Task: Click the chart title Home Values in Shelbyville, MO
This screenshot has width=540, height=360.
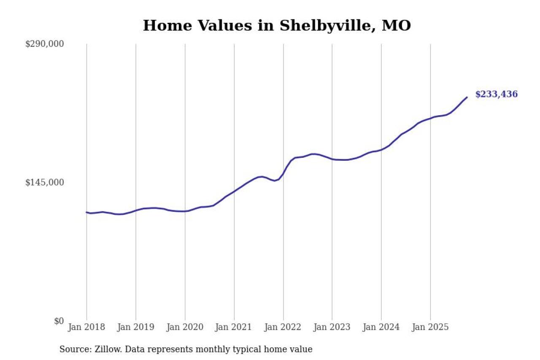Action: (x=277, y=26)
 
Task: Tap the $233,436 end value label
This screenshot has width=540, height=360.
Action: (x=496, y=95)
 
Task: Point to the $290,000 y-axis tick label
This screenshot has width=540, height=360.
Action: (x=44, y=44)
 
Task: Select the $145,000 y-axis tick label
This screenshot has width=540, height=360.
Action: (x=44, y=182)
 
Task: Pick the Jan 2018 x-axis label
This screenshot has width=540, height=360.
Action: (x=86, y=327)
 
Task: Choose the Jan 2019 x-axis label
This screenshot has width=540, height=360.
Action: (x=136, y=327)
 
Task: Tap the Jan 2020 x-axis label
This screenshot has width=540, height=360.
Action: (x=185, y=327)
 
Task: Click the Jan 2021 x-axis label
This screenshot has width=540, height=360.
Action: (x=234, y=327)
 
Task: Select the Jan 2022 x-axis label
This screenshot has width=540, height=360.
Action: (x=283, y=327)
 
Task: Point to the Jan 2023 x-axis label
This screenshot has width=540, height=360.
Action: (x=332, y=327)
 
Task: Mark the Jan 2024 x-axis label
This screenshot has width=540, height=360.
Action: (x=381, y=327)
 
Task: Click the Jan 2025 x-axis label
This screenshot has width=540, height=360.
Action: (x=430, y=327)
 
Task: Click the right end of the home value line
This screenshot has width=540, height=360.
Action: (x=467, y=97)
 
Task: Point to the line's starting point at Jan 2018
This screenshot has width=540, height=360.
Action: (x=86, y=212)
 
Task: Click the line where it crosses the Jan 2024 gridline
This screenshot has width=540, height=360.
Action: (x=381, y=149)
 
